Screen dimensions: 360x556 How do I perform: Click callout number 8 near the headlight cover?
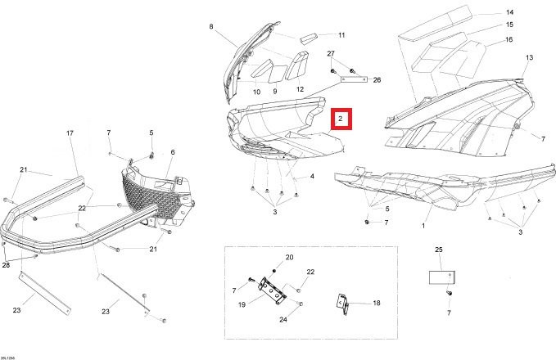point(210,27)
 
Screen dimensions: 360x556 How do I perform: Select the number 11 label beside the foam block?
point(341,35)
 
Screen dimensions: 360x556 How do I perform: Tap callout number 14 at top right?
point(509,12)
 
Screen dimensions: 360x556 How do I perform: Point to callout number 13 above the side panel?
point(529,57)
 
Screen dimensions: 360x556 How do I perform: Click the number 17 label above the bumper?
point(70,133)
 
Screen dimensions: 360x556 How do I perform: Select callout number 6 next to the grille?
point(172,152)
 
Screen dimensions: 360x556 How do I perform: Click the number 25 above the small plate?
point(438,249)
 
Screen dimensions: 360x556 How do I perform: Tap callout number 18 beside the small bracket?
point(377,303)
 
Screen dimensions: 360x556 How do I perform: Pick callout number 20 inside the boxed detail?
point(289,258)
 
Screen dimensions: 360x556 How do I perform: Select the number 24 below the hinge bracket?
point(283,320)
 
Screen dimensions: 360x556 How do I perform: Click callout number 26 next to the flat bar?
point(377,80)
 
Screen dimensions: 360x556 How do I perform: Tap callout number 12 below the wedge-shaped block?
point(300,89)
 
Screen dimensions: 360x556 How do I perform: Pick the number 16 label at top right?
point(509,39)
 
